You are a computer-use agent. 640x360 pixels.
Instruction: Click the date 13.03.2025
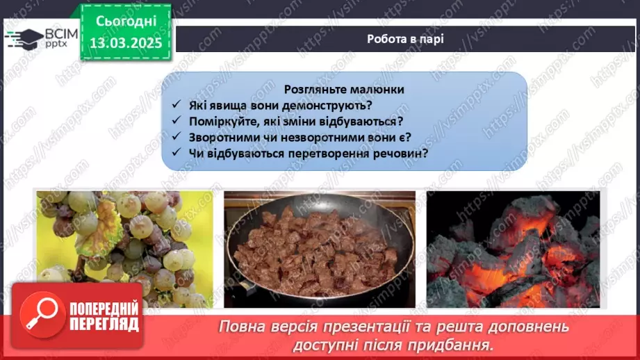tap(126, 43)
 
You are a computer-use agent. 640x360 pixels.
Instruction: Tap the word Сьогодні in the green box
tap(126, 22)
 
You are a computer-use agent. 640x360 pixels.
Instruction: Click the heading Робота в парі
tap(405, 39)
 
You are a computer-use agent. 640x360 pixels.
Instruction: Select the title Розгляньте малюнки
tap(344, 90)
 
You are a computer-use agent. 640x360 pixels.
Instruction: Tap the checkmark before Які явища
tap(177, 104)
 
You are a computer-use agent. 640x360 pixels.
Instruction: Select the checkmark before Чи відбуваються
tap(177, 152)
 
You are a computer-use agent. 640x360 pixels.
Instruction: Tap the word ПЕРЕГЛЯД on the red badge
tap(104, 325)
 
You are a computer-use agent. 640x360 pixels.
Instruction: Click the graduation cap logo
tap(25, 39)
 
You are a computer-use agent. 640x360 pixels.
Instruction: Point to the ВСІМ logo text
tap(61, 34)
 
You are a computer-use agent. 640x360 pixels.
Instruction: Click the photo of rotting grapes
tap(124, 249)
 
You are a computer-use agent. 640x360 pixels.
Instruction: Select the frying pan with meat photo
tap(320, 249)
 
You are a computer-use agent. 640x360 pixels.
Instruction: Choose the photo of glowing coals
tap(513, 249)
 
